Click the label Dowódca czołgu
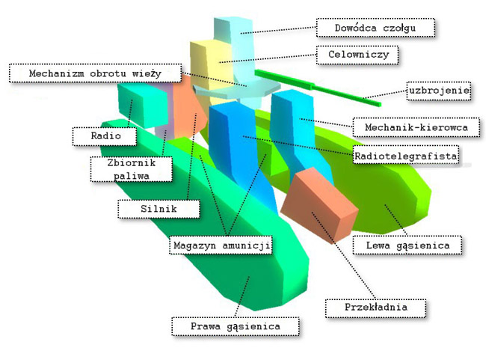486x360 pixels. [375, 28]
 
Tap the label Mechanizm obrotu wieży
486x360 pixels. [95, 73]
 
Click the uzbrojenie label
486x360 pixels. [439, 91]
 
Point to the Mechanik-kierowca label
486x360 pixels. [416, 127]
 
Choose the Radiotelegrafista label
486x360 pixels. [406, 156]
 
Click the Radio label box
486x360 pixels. [105, 136]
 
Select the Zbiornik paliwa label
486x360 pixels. [131, 169]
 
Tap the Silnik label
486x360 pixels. [159, 209]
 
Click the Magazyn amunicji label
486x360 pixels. [221, 245]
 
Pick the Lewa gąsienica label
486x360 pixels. [407, 245]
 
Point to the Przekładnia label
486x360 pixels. [375, 308]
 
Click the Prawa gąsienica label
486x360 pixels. [236, 326]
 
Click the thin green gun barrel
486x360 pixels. [318, 88]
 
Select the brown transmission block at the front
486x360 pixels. [319, 205]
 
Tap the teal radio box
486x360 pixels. [143, 104]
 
